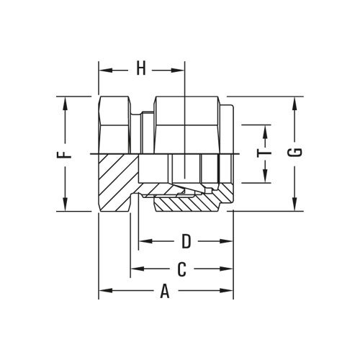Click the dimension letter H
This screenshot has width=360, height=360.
pyautogui.click(x=141, y=70)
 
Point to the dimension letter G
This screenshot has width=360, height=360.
pyautogui.click(x=294, y=153)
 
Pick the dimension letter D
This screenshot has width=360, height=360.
pyautogui.click(x=186, y=239)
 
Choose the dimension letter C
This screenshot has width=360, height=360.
pyautogui.click(x=183, y=269)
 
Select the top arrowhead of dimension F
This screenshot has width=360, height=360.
pyautogui.click(x=66, y=102)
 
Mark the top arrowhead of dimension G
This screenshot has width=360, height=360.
pyautogui.click(x=294, y=102)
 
